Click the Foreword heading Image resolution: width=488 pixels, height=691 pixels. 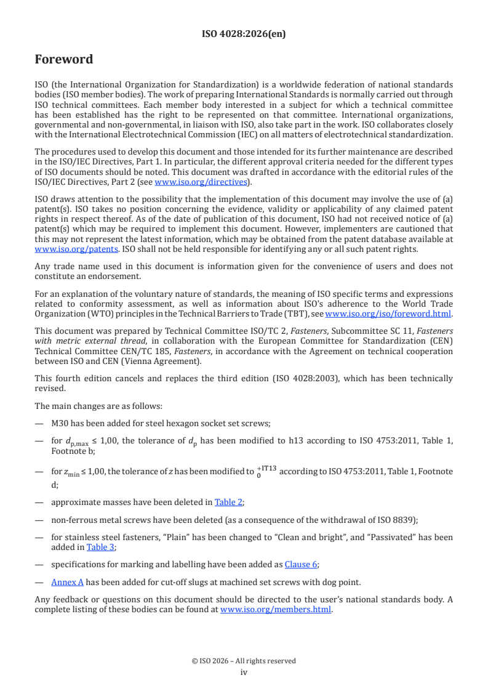coord(64,60)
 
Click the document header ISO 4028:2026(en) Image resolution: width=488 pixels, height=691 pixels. coord(244,34)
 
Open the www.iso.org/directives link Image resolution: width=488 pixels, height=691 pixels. coord(200,182)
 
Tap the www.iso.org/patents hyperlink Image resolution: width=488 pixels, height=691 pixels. coord(60,249)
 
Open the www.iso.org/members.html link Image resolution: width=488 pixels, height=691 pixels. coord(276,610)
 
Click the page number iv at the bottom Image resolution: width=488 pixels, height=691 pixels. coord(244,672)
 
